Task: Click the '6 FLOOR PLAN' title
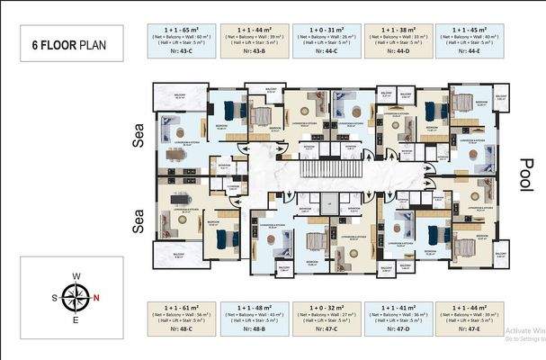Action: (71, 43)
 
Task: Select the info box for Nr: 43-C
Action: (181, 41)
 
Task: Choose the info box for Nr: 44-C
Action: (327, 41)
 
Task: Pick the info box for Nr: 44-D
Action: (398, 41)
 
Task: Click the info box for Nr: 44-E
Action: (470, 41)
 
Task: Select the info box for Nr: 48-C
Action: (181, 318)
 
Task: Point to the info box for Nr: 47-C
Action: (327, 318)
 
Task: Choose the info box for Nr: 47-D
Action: (398, 318)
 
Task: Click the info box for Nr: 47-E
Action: (470, 318)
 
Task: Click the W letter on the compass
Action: (77, 276)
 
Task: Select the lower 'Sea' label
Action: (139, 221)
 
